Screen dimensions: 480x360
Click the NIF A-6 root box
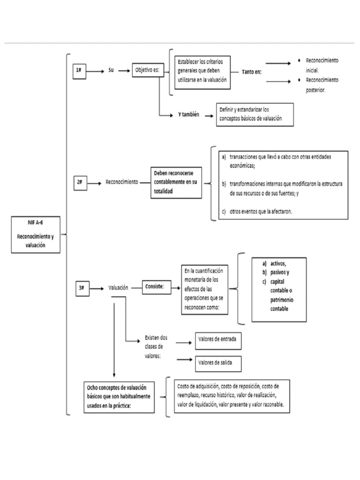[36, 234]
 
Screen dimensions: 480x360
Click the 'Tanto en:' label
[252, 72]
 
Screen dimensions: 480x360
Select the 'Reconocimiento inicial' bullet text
[322, 66]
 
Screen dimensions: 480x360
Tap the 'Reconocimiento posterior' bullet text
[322, 84]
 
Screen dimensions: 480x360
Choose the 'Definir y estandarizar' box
[255, 115]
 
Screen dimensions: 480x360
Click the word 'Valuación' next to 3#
[118, 288]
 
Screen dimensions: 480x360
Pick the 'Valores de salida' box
[218, 362]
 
